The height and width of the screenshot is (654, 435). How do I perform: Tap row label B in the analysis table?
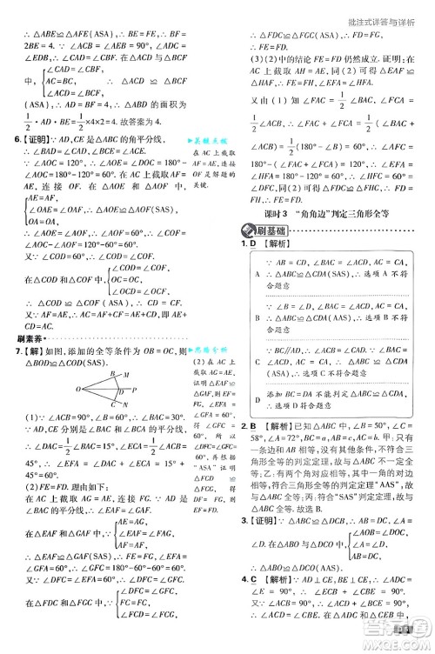[253, 317]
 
